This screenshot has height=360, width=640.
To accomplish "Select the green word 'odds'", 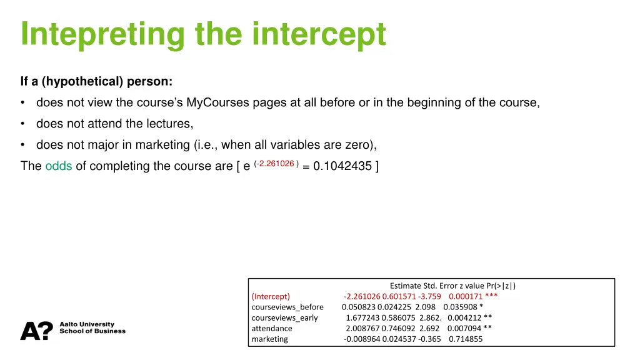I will (x=59, y=166).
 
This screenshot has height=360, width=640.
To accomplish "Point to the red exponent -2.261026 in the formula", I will (x=276, y=164).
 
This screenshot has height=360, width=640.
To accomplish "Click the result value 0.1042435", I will (x=342, y=166).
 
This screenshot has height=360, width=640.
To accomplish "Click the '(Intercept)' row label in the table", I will (x=271, y=296).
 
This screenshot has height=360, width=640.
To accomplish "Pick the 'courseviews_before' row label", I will (x=287, y=307).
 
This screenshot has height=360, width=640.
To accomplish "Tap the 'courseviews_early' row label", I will (x=284, y=317).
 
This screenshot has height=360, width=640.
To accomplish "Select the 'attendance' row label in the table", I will (x=272, y=328).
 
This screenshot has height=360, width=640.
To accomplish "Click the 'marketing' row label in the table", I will (x=270, y=339).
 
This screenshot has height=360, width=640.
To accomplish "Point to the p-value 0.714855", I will (x=466, y=339).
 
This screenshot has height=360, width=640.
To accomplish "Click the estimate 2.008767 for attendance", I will (x=362, y=328).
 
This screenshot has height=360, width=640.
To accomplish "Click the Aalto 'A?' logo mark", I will (x=37, y=331).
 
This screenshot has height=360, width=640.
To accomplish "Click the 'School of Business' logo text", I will (x=92, y=331).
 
